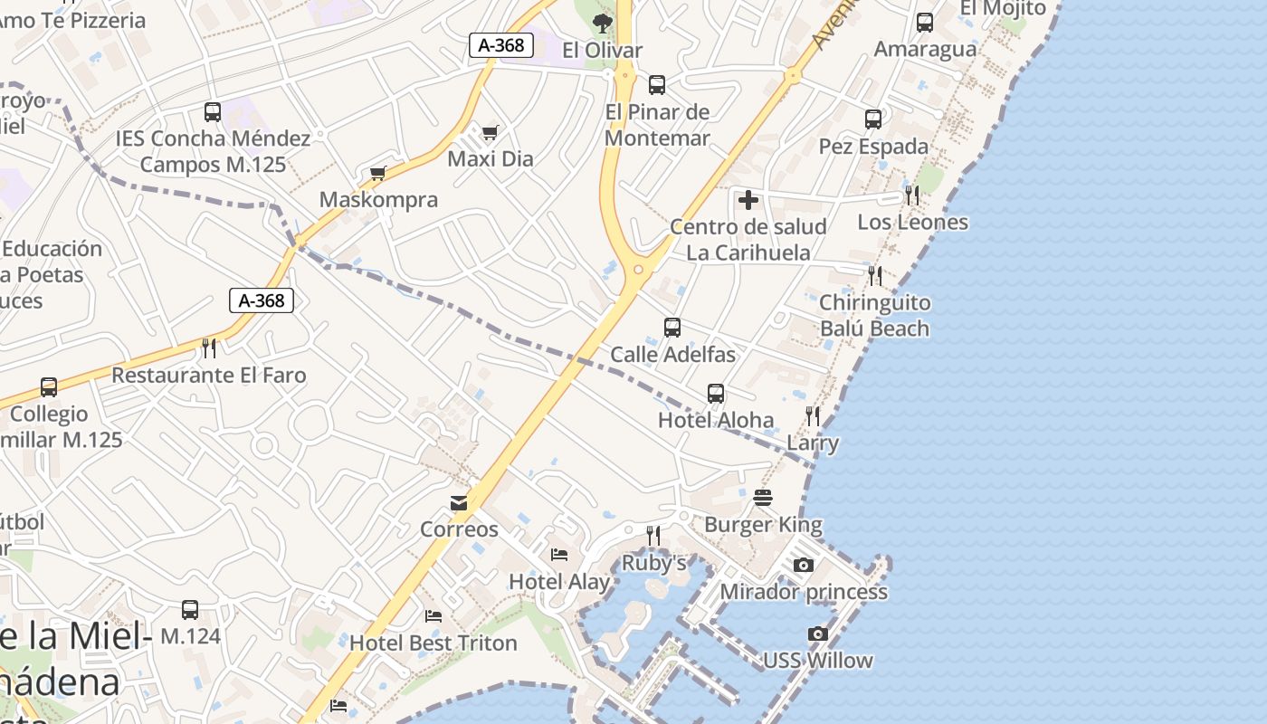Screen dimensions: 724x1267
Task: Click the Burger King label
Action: click(x=763, y=525)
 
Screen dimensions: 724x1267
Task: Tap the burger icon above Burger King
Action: click(x=763, y=498)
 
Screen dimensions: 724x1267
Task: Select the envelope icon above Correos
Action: click(x=459, y=503)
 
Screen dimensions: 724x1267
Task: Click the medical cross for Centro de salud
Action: click(x=748, y=200)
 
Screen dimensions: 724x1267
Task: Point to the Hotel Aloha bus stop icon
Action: click(x=715, y=394)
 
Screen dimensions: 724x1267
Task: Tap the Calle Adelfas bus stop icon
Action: click(x=672, y=328)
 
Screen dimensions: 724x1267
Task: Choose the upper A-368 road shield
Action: click(x=500, y=45)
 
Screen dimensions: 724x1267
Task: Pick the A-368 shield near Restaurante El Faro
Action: click(x=262, y=300)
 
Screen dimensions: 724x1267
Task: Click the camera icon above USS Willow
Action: click(x=817, y=634)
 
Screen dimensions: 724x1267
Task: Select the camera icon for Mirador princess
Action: click(x=803, y=566)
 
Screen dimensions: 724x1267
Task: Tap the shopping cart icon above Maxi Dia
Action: click(x=490, y=133)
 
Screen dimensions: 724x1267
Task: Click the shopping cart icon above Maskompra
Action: click(x=378, y=173)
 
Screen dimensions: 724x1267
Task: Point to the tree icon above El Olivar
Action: click(x=602, y=24)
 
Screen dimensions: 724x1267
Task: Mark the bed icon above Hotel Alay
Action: click(x=559, y=554)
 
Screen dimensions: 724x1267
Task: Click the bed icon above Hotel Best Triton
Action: click(x=433, y=616)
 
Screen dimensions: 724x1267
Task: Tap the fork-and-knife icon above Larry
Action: click(x=813, y=416)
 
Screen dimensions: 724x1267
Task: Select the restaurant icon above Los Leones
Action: click(x=912, y=195)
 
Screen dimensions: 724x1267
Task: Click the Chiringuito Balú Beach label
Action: click(x=874, y=315)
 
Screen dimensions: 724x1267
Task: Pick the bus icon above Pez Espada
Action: click(x=872, y=119)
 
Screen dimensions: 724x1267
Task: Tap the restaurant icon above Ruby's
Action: click(x=653, y=536)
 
